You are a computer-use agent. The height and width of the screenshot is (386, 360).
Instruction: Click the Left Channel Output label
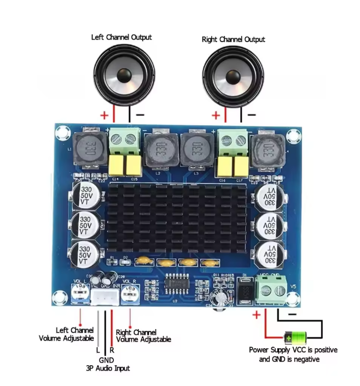[x=121, y=37]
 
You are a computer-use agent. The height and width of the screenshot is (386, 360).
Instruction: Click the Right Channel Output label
[x=233, y=39]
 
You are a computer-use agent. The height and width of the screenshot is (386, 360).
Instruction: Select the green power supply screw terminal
[x=272, y=290]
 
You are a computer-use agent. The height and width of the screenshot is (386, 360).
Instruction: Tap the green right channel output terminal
[x=232, y=142]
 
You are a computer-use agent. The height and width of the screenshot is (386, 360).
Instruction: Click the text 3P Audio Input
[x=108, y=368]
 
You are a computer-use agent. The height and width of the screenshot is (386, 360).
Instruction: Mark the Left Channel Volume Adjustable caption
[x=66, y=335]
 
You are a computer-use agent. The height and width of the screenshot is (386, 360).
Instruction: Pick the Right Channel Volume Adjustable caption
[x=143, y=336]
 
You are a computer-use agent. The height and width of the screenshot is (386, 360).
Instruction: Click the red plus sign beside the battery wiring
[x=256, y=315]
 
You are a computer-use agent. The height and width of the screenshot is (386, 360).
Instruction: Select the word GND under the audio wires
[x=105, y=360]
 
